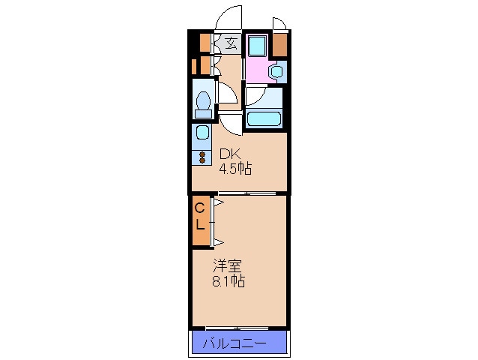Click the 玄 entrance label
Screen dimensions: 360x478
[231, 43]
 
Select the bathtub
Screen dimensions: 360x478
[264, 118]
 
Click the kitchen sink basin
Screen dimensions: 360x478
[202, 134]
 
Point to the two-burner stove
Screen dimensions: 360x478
[202, 157]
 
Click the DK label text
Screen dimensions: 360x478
[229, 155]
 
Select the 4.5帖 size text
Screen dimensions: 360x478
[235, 169]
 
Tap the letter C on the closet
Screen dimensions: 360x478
[200, 208]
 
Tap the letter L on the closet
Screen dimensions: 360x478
[200, 223]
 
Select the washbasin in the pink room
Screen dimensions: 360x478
[276, 72]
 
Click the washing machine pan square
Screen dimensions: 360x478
[255, 46]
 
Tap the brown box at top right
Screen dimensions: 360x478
[279, 46]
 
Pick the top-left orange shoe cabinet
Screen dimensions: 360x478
[204, 41]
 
